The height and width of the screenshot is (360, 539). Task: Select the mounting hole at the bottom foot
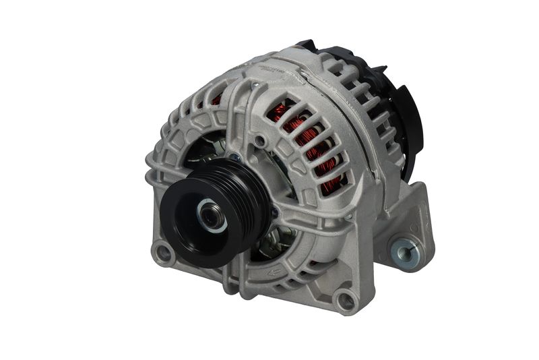pos(345,299)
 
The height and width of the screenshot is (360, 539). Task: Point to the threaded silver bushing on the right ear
pos(404,253)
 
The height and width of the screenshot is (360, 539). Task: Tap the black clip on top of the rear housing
pos(307,47)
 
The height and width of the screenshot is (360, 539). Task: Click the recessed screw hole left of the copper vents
pos(259,140)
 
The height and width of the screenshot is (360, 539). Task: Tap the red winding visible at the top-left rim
pos(216,100)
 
